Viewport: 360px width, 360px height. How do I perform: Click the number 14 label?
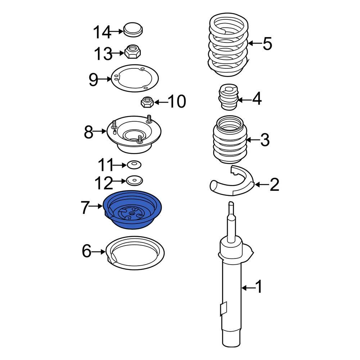click(x=102, y=32)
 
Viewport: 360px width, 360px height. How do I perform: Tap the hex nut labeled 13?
click(x=132, y=53)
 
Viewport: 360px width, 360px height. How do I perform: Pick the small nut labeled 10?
click(x=147, y=103)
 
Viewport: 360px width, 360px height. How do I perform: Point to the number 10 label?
click(x=176, y=102)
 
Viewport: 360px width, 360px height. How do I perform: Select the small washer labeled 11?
click(x=133, y=165)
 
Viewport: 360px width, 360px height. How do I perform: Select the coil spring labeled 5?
click(x=229, y=45)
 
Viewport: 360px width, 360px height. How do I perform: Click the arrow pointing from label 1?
click(x=247, y=288)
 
